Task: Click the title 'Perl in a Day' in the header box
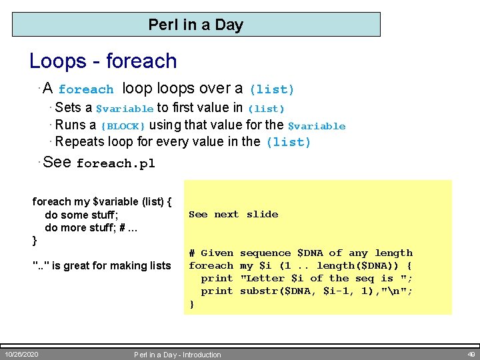click(195, 25)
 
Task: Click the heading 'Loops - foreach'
click(103, 61)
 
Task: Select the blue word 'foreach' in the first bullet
click(86, 89)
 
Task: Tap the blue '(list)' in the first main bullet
click(271, 89)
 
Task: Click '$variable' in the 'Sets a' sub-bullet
click(125, 109)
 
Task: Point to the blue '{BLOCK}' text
click(123, 126)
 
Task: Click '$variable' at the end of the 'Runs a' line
click(316, 126)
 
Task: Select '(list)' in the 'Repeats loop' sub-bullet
click(288, 142)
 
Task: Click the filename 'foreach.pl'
click(115, 164)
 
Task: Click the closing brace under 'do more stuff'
click(35, 240)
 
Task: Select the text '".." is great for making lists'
click(101, 266)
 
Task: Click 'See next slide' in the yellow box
click(233, 215)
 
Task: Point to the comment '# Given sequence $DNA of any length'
click(301, 253)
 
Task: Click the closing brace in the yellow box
click(192, 304)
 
